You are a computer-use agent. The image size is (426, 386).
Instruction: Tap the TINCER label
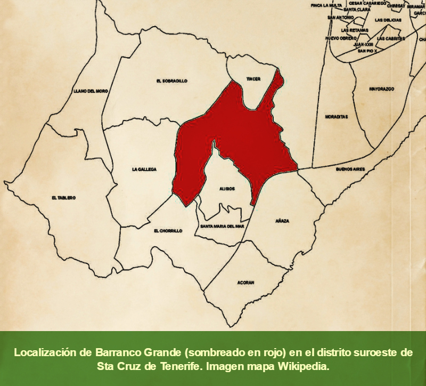[x=253, y=79]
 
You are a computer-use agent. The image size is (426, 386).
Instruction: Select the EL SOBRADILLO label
[x=172, y=81]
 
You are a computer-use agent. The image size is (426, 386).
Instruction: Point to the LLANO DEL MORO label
[x=91, y=91]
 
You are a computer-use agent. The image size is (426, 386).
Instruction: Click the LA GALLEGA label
[x=144, y=170]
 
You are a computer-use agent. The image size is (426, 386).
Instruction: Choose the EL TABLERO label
[x=63, y=198]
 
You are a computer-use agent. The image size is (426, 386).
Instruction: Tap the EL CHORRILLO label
[x=168, y=231]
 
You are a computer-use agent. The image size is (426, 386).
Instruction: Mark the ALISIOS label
[x=227, y=189]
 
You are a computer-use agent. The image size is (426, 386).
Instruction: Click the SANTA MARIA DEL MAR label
[x=222, y=226]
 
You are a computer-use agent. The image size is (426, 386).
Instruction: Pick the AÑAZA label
[x=282, y=220]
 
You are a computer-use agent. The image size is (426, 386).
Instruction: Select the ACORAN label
[x=245, y=282]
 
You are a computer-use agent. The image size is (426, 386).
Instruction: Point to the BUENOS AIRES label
[x=350, y=169]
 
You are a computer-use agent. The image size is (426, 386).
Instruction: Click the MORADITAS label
[x=337, y=116]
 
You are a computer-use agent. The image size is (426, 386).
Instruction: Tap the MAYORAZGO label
[x=381, y=89]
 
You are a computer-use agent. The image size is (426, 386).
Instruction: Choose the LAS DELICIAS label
[x=387, y=20]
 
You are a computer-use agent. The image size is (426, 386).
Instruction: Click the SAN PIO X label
[x=367, y=51]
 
